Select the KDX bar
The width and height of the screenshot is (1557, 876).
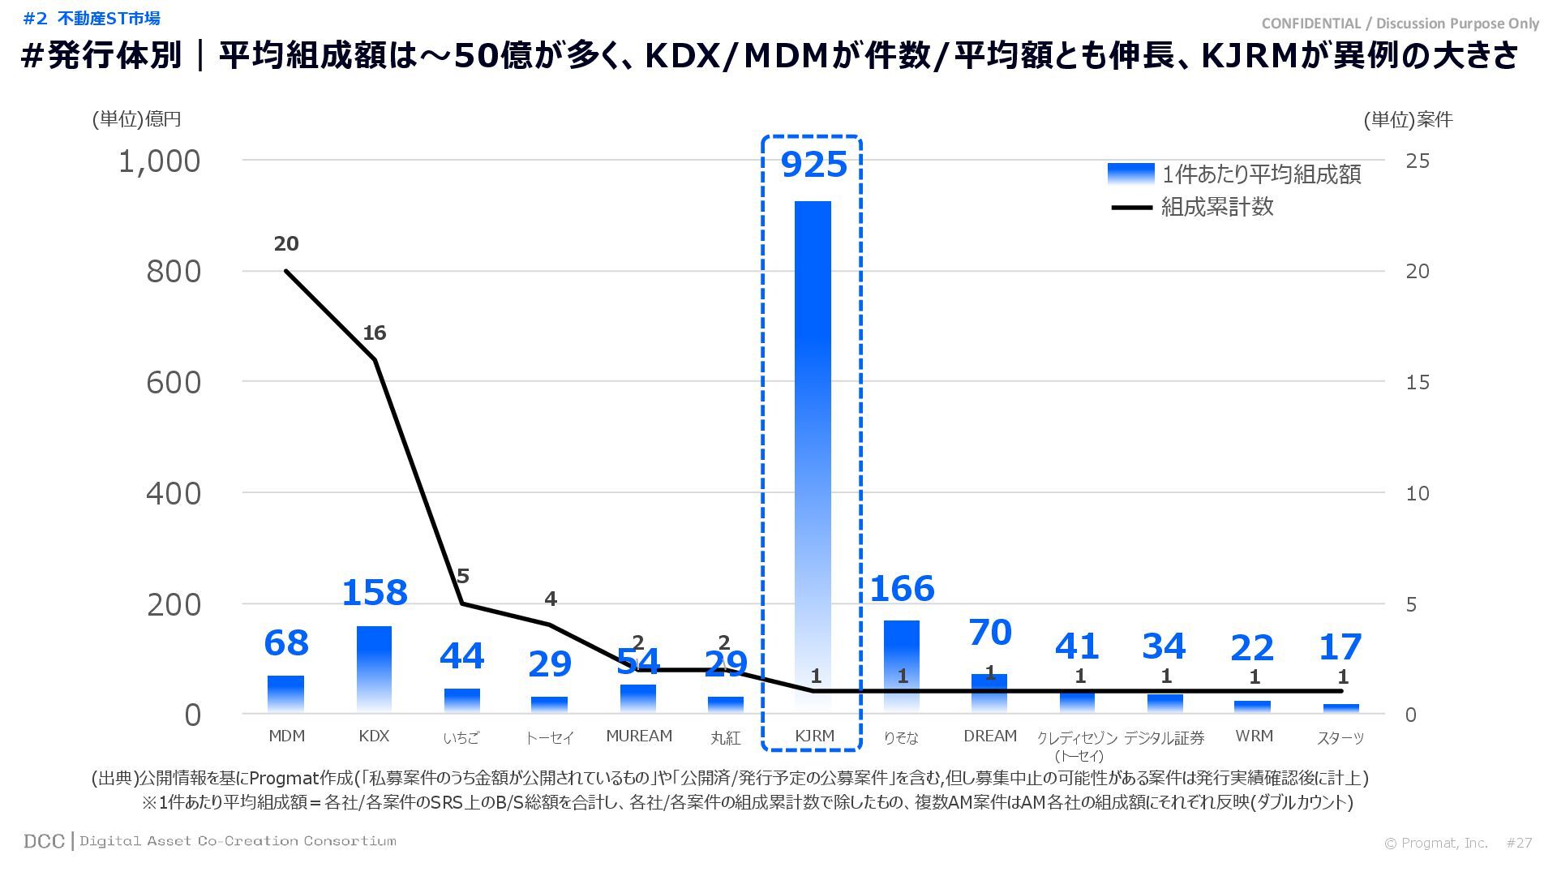(x=374, y=669)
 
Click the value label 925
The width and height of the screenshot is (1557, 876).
(x=813, y=165)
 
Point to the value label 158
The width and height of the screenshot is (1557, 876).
(x=374, y=593)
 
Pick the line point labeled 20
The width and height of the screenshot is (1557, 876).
(x=286, y=271)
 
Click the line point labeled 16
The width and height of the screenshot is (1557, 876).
(x=375, y=359)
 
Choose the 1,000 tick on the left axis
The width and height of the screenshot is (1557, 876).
(x=160, y=161)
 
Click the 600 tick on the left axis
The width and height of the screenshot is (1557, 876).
(x=174, y=383)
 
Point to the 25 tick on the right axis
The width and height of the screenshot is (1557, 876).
(x=1418, y=161)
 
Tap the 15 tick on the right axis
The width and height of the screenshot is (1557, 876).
(x=1418, y=382)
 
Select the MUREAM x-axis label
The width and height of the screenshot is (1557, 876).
(x=639, y=736)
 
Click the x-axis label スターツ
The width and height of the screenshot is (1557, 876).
(x=1340, y=737)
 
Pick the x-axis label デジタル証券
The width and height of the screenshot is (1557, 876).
(x=1164, y=737)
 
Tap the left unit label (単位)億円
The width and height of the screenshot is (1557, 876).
(x=136, y=119)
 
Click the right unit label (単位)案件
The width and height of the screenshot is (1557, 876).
(x=1408, y=120)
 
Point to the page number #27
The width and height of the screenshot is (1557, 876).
(x=1519, y=843)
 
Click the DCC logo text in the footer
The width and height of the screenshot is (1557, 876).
(x=44, y=841)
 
